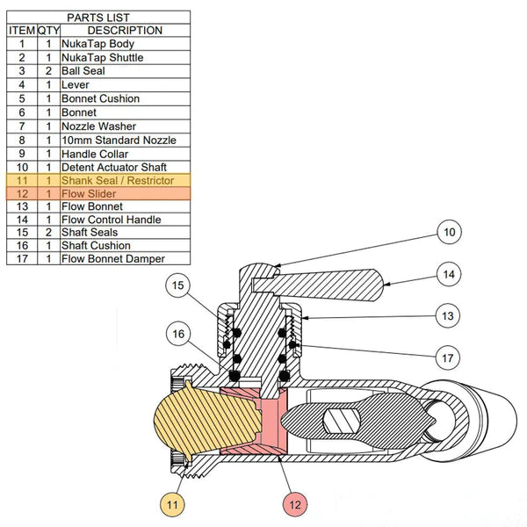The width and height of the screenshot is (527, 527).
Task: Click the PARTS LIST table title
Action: [98, 17]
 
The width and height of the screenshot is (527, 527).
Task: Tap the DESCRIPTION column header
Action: [124, 30]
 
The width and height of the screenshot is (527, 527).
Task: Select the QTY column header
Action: [48, 30]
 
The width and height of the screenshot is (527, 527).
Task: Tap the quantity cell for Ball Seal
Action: [48, 71]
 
